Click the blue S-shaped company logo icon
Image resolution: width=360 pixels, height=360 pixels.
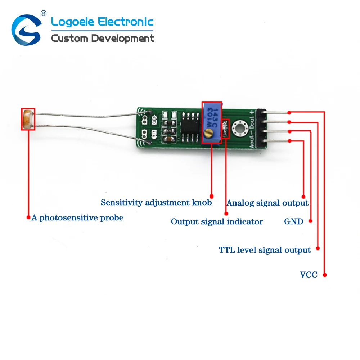pos(26,30)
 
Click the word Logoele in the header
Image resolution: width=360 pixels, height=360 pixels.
pos(73,22)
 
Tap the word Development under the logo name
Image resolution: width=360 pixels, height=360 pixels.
pos(123,39)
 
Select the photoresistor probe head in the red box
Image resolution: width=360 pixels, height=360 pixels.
pos(28,119)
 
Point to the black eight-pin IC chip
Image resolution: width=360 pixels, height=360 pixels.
pos(190,127)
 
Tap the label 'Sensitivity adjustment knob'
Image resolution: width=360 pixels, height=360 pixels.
pos(156,202)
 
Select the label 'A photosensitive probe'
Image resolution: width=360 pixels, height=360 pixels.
pos(77,218)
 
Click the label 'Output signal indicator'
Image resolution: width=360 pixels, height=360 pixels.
pos(217,221)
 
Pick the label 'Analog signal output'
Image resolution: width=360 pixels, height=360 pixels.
pos(267,203)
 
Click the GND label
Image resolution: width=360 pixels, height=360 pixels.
pos(294,221)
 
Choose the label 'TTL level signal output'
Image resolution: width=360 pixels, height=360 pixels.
pos(265,250)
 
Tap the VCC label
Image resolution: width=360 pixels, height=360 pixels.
pos(309,275)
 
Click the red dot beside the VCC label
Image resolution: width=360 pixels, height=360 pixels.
pos(325,275)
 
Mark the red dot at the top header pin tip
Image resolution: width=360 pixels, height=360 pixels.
pos(289,112)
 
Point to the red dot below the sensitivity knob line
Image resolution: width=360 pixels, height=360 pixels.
pos(211,197)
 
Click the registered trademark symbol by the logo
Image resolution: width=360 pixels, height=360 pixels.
pos(44,13)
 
